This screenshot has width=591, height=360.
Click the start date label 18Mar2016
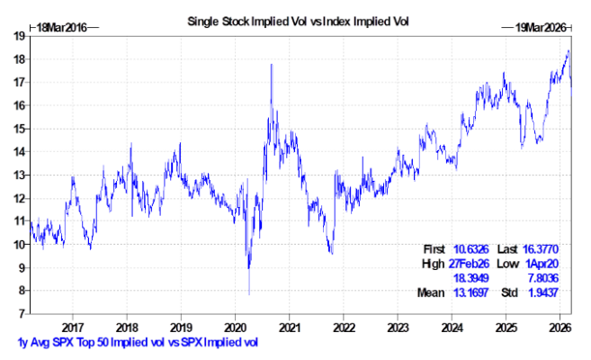57,29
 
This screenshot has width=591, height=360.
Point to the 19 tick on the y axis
18,36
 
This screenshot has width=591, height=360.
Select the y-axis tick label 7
21,314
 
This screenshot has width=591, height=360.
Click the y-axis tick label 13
18,175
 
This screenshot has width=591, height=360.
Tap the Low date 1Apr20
543,264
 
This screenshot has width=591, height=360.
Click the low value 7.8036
543,278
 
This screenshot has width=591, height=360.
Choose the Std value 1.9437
543,293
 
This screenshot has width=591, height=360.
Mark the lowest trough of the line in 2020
249,293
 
